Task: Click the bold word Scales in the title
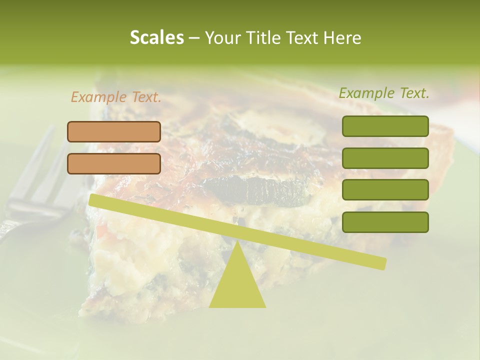156,37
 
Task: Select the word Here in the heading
342,37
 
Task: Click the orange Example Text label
116,97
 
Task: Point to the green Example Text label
384,93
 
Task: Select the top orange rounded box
114,131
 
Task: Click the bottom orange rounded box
114,163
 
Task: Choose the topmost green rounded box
385,126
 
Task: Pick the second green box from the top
385,158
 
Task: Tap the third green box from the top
385,190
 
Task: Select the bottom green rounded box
385,222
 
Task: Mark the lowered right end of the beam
381,263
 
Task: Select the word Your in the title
222,37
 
